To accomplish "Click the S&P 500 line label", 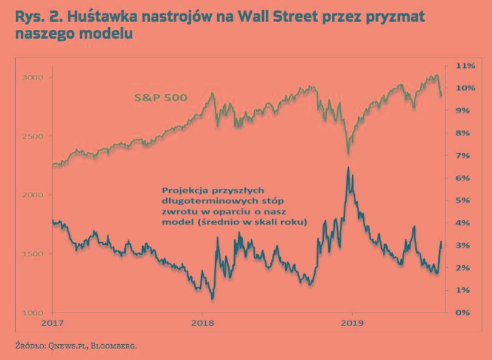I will coord(161,97).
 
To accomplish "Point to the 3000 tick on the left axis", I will coord(33,77).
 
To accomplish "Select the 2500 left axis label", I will coord(33,136).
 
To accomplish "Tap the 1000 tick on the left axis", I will coord(33,312).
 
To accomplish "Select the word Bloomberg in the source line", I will coord(115,346).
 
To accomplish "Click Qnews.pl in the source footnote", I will coord(64,346).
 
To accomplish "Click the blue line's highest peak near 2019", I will coord(347,168).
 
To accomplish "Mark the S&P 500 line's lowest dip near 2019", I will coord(348,154).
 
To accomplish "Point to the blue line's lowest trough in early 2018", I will coord(212,299).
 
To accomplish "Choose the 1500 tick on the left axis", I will coord(33,254).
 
